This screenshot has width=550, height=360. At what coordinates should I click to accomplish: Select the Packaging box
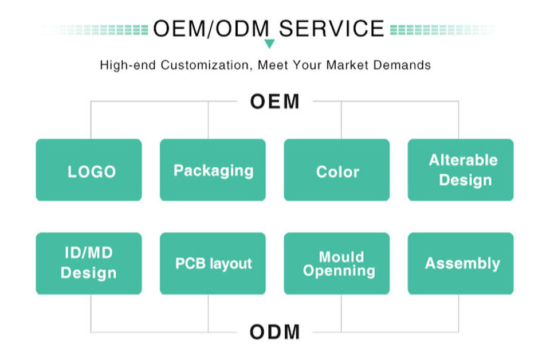point(213,170)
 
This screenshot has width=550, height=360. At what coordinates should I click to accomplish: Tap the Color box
point(337,170)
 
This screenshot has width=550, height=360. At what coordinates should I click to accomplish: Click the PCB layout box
point(213,263)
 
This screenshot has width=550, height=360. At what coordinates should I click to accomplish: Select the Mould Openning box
point(337,263)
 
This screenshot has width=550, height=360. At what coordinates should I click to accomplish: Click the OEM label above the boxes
point(274,101)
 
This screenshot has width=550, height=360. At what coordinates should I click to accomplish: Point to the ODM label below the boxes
point(274,331)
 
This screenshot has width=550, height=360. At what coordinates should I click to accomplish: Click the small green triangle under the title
point(269,44)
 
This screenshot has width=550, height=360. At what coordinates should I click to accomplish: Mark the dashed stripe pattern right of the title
point(441,29)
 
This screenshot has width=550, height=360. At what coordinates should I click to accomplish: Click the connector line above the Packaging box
point(208,120)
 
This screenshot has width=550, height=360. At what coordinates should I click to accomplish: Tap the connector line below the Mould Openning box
point(341,314)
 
